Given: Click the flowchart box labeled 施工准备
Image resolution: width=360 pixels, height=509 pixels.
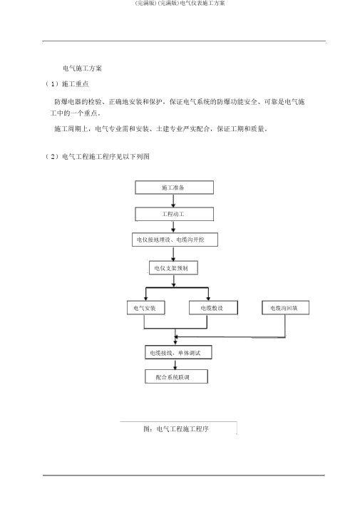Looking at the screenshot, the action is (175, 187).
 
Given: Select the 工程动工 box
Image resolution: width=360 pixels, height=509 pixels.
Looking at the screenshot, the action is (175, 215).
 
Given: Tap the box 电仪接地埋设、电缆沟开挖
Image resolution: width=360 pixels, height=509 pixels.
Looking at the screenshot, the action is (175, 240).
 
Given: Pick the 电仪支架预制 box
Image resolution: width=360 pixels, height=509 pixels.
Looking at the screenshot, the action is (173, 268).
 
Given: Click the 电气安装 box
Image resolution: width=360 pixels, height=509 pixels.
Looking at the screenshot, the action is (145, 308).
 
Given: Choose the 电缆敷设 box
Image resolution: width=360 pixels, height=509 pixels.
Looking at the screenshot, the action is (213, 308).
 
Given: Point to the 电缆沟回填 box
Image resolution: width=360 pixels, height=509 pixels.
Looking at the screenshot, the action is (285, 308).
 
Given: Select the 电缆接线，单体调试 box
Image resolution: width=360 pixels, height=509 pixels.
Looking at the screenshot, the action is (178, 352).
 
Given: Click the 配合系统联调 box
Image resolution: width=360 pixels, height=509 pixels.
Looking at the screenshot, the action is (176, 376).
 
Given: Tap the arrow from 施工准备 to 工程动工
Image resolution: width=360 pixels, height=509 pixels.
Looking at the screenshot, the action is (173, 201).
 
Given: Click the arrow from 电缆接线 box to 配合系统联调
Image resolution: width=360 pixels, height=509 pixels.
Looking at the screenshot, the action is (175, 364).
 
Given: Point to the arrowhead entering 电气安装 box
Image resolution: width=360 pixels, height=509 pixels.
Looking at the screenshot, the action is (145, 299).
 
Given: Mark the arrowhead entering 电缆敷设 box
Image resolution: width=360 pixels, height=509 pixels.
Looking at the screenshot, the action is (208, 299).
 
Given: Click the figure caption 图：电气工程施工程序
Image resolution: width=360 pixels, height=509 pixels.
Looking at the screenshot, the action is (176, 429).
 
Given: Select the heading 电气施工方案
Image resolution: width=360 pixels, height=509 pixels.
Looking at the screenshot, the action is (82, 68).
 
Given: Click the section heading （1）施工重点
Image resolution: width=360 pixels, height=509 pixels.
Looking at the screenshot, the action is (66, 83).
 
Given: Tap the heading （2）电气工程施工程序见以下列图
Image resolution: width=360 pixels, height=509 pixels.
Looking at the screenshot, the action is (97, 156).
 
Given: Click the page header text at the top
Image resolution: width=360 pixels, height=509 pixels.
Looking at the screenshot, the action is (180, 4).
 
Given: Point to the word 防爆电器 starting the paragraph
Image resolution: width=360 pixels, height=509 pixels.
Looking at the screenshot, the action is (68, 102).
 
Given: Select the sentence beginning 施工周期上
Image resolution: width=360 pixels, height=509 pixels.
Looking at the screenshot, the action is (160, 129).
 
